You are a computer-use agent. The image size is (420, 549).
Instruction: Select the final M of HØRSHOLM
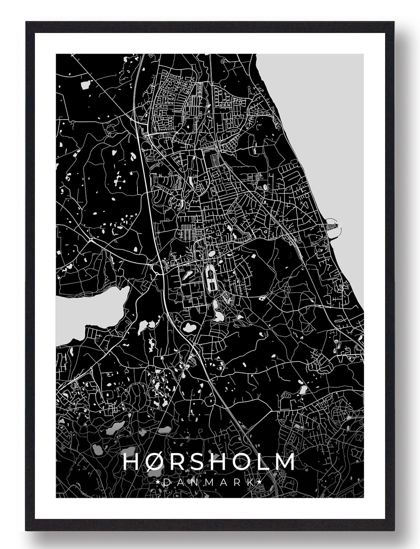point(284,462)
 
